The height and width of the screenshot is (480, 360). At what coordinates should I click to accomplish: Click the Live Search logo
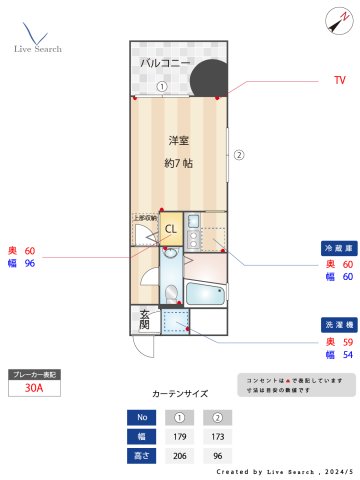click(x=37, y=38)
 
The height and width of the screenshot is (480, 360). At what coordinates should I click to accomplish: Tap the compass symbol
click(x=334, y=20)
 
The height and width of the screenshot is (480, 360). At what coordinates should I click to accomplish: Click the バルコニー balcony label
click(x=164, y=64)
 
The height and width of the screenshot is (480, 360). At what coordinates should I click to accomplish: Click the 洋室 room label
click(x=179, y=140)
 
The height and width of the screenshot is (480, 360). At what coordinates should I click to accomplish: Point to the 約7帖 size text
click(x=179, y=162)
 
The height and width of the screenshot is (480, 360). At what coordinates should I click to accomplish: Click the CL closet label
click(x=170, y=229)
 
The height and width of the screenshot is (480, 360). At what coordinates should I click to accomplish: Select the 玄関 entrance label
click(x=144, y=320)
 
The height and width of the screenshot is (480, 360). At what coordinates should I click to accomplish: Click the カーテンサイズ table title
click(x=180, y=394)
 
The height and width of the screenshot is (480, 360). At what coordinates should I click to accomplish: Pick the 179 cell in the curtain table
click(x=181, y=436)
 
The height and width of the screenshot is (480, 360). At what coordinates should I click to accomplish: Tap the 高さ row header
click(x=142, y=454)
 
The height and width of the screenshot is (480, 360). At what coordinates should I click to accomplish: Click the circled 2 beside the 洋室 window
click(x=239, y=155)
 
